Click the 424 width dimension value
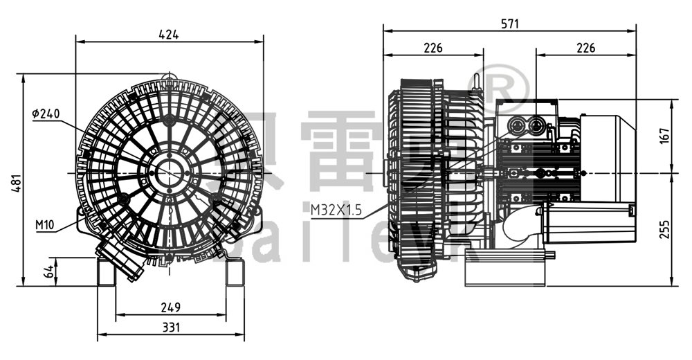[x=170, y=34]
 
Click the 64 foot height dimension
[x=49, y=271]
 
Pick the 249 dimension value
[x=170, y=307]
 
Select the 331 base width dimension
[x=170, y=327]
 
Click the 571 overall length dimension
[x=509, y=24]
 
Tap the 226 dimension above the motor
[x=585, y=48]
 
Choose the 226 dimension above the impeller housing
[x=433, y=48]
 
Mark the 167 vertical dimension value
[x=664, y=136]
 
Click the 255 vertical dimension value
[x=664, y=228]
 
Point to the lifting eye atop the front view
[x=166, y=75]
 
